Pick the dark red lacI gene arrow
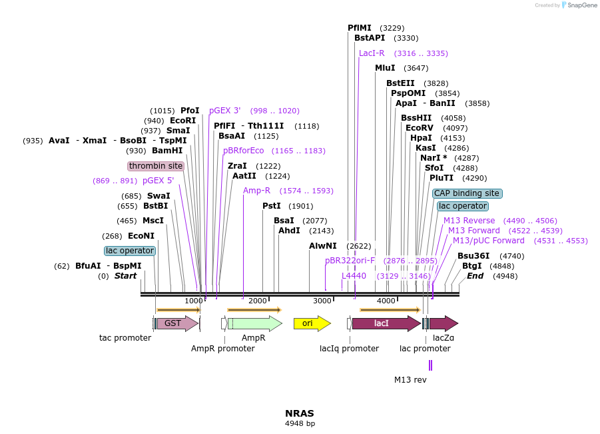(x=386, y=323)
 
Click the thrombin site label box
(x=156, y=166)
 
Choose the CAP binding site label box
(x=467, y=193)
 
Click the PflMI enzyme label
(x=360, y=28)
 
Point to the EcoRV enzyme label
(x=419, y=128)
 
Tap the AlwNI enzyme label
(x=323, y=246)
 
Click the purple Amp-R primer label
(x=256, y=191)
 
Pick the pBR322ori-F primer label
(x=350, y=261)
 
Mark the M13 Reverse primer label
(x=469, y=221)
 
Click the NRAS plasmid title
(x=300, y=413)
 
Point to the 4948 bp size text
(x=300, y=423)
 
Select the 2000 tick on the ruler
(x=257, y=301)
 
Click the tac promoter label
(x=125, y=338)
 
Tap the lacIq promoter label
(x=349, y=349)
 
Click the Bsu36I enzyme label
(x=473, y=256)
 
